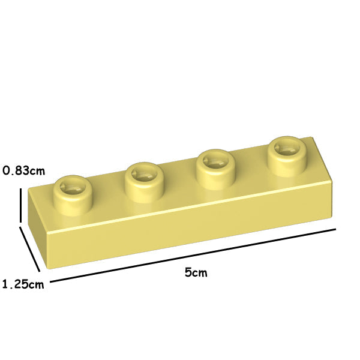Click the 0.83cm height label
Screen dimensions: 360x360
23,170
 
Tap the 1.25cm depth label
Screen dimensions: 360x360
23,284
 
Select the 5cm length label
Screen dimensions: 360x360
196,272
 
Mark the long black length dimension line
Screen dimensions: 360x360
192,255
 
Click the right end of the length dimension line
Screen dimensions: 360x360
335,229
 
